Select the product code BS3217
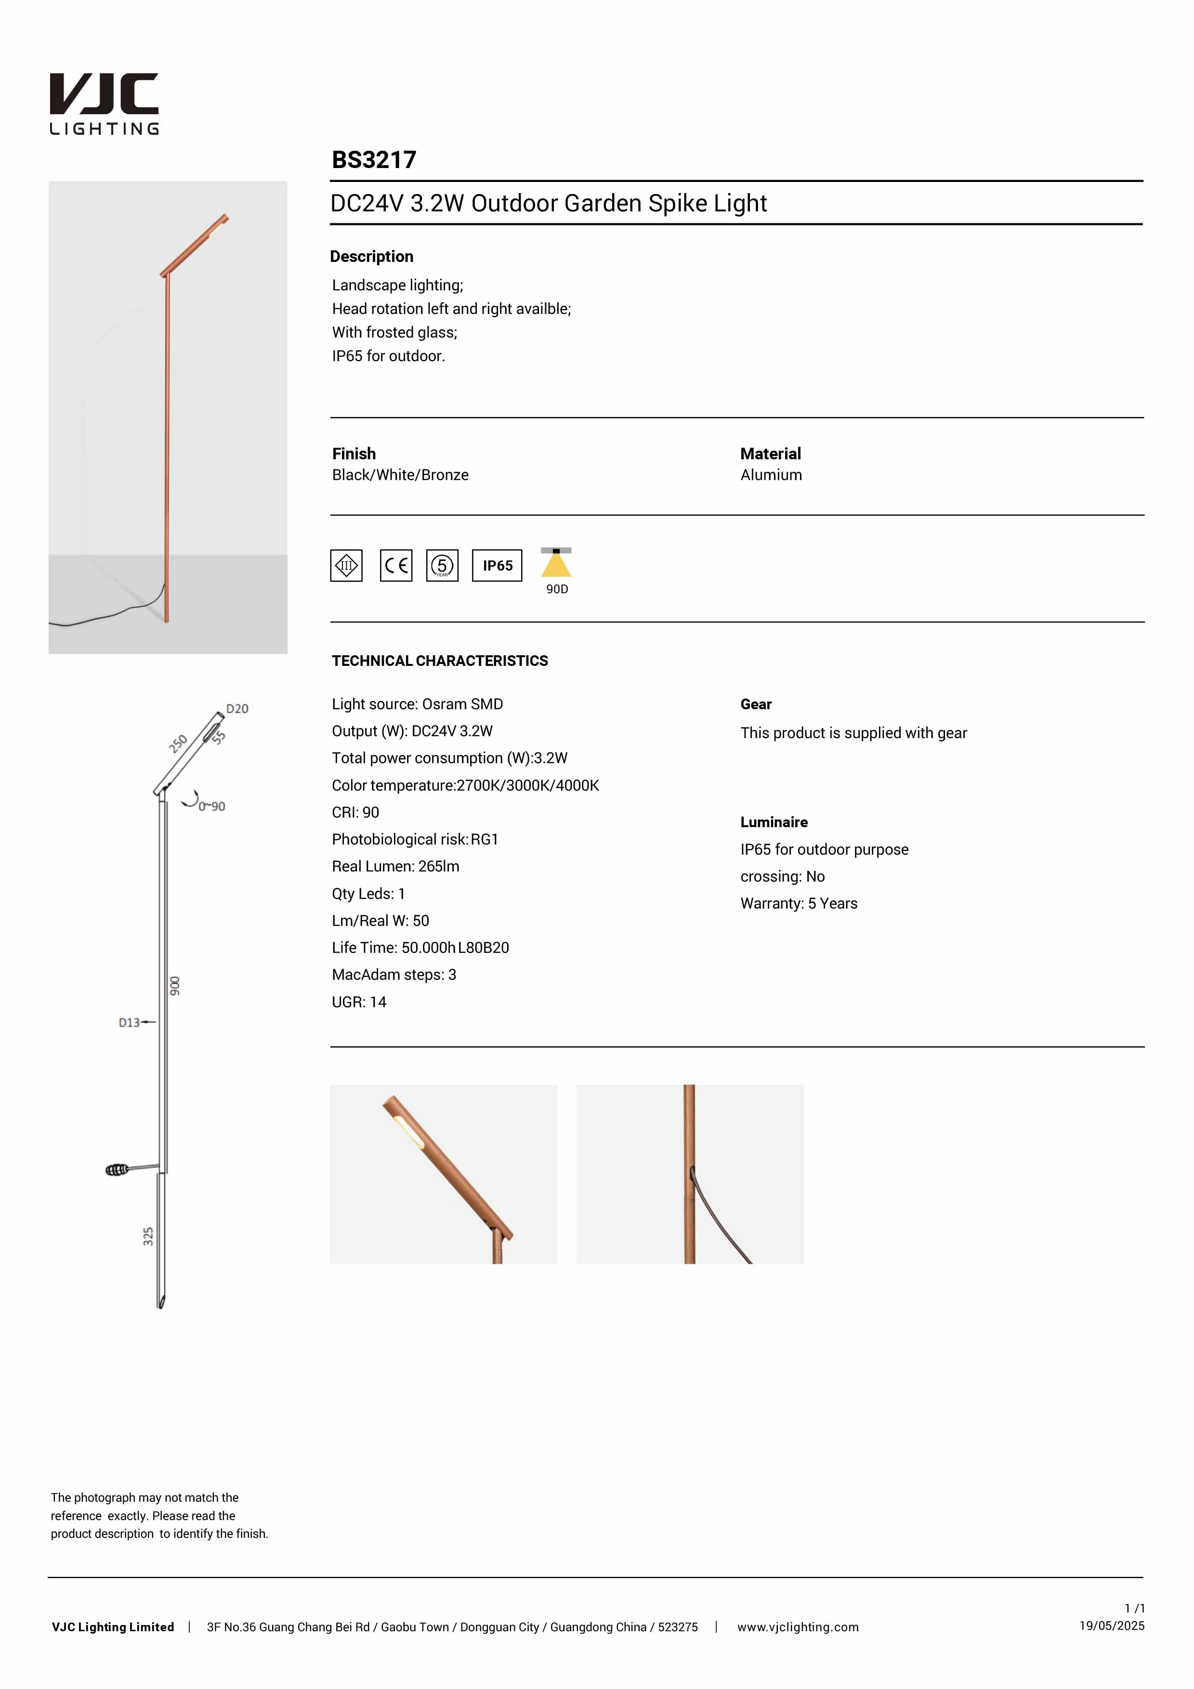[x=374, y=160]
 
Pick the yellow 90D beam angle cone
[x=556, y=564]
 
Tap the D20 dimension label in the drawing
[x=237, y=708]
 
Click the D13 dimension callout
[x=130, y=1023]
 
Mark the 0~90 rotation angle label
[x=212, y=806]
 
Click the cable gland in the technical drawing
[x=117, y=1169]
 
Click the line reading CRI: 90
[x=355, y=812]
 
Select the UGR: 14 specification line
[x=359, y=1002]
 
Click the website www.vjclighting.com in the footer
[x=798, y=1627]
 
